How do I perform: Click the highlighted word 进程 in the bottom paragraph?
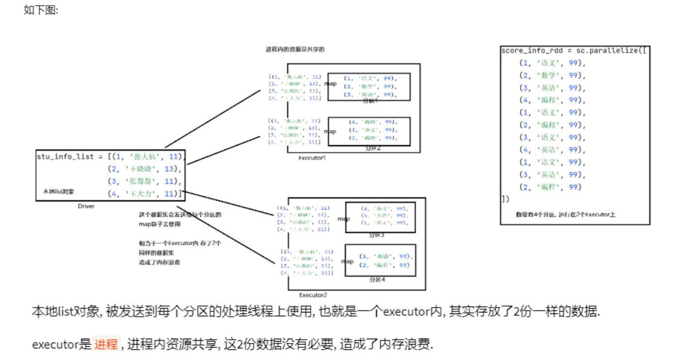[x=106, y=344]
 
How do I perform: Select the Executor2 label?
[x=313, y=295]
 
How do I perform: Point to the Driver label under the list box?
[x=86, y=206]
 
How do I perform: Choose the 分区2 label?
[x=372, y=148]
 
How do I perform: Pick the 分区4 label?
[x=377, y=279]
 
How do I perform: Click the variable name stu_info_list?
[x=65, y=156]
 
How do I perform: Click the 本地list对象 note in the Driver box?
[x=59, y=192]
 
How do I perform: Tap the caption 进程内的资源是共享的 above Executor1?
[x=295, y=49]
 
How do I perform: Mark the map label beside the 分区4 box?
[x=347, y=262]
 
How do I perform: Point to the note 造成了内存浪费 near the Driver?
[x=157, y=262]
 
